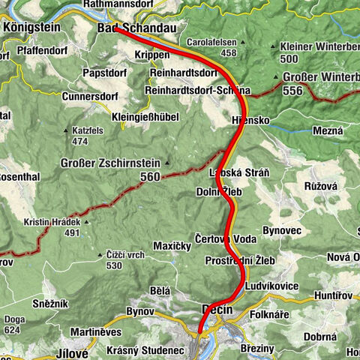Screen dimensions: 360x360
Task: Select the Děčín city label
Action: click(218, 309)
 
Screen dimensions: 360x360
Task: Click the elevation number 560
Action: click(149, 177)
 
